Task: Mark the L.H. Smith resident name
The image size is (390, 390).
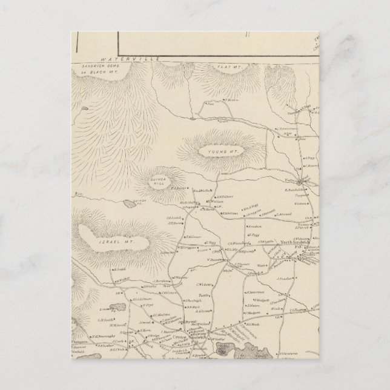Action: pos(105,320)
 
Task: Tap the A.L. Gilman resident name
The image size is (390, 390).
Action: pos(142,299)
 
